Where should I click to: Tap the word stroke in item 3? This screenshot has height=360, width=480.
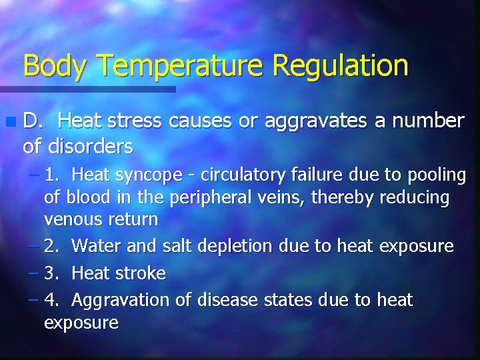141,273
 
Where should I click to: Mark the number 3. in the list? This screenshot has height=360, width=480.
52,273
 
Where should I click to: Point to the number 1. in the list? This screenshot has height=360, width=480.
52,175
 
